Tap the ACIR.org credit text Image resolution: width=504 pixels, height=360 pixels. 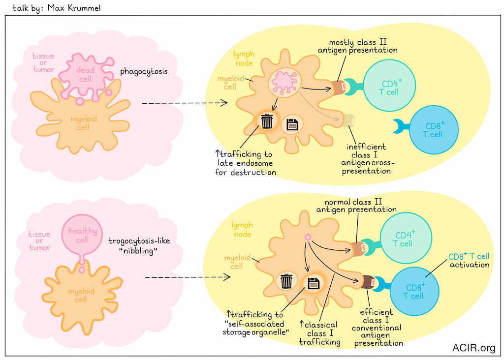pyautogui.click(x=473, y=348)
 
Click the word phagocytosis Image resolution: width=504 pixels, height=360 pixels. pyautogui.click(x=144, y=72)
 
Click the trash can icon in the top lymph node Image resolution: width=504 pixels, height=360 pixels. pyautogui.click(x=267, y=121)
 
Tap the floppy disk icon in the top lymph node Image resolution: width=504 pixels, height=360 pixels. pyautogui.click(x=292, y=125)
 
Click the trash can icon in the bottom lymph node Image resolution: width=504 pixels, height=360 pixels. pyautogui.click(x=286, y=282)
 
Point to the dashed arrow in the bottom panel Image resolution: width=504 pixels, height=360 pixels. pyautogui.click(x=188, y=277)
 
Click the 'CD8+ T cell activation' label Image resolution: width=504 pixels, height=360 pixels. pyautogui.click(x=469, y=261)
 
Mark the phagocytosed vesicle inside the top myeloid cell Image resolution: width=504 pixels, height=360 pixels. pyautogui.click(x=284, y=82)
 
